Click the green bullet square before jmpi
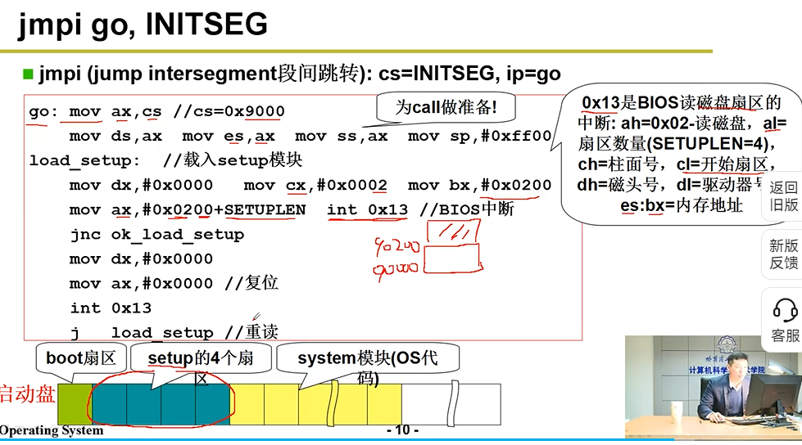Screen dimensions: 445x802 [28, 74]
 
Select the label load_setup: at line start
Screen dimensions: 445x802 [84, 160]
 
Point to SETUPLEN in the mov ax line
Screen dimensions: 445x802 [265, 210]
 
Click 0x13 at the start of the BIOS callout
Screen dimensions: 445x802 [600, 103]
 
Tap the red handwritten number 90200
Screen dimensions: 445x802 [396, 246]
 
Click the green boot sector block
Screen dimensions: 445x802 [75, 404]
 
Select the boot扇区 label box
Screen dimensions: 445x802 [80, 358]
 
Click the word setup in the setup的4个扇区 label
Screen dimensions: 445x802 [169, 358]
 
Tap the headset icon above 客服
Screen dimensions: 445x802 [785, 310]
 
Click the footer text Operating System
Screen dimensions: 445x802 [52, 431]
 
